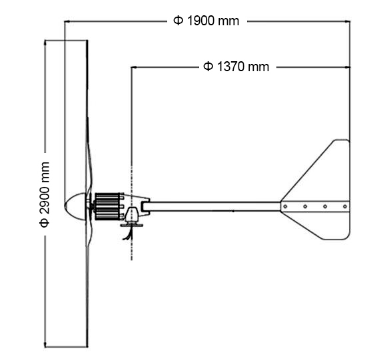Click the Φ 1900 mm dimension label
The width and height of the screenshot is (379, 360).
(x=206, y=21)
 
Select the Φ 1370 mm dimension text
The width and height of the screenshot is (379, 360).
(x=236, y=67)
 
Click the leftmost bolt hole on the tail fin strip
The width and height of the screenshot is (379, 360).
(x=285, y=206)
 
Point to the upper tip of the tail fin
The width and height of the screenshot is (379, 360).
(x=341, y=142)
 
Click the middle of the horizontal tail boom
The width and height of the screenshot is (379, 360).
(x=213, y=206)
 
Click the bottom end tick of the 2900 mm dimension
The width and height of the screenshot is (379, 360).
(x=65, y=347)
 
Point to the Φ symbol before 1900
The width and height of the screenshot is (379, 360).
(x=178, y=21)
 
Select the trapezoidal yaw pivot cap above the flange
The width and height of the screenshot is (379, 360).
(x=132, y=215)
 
